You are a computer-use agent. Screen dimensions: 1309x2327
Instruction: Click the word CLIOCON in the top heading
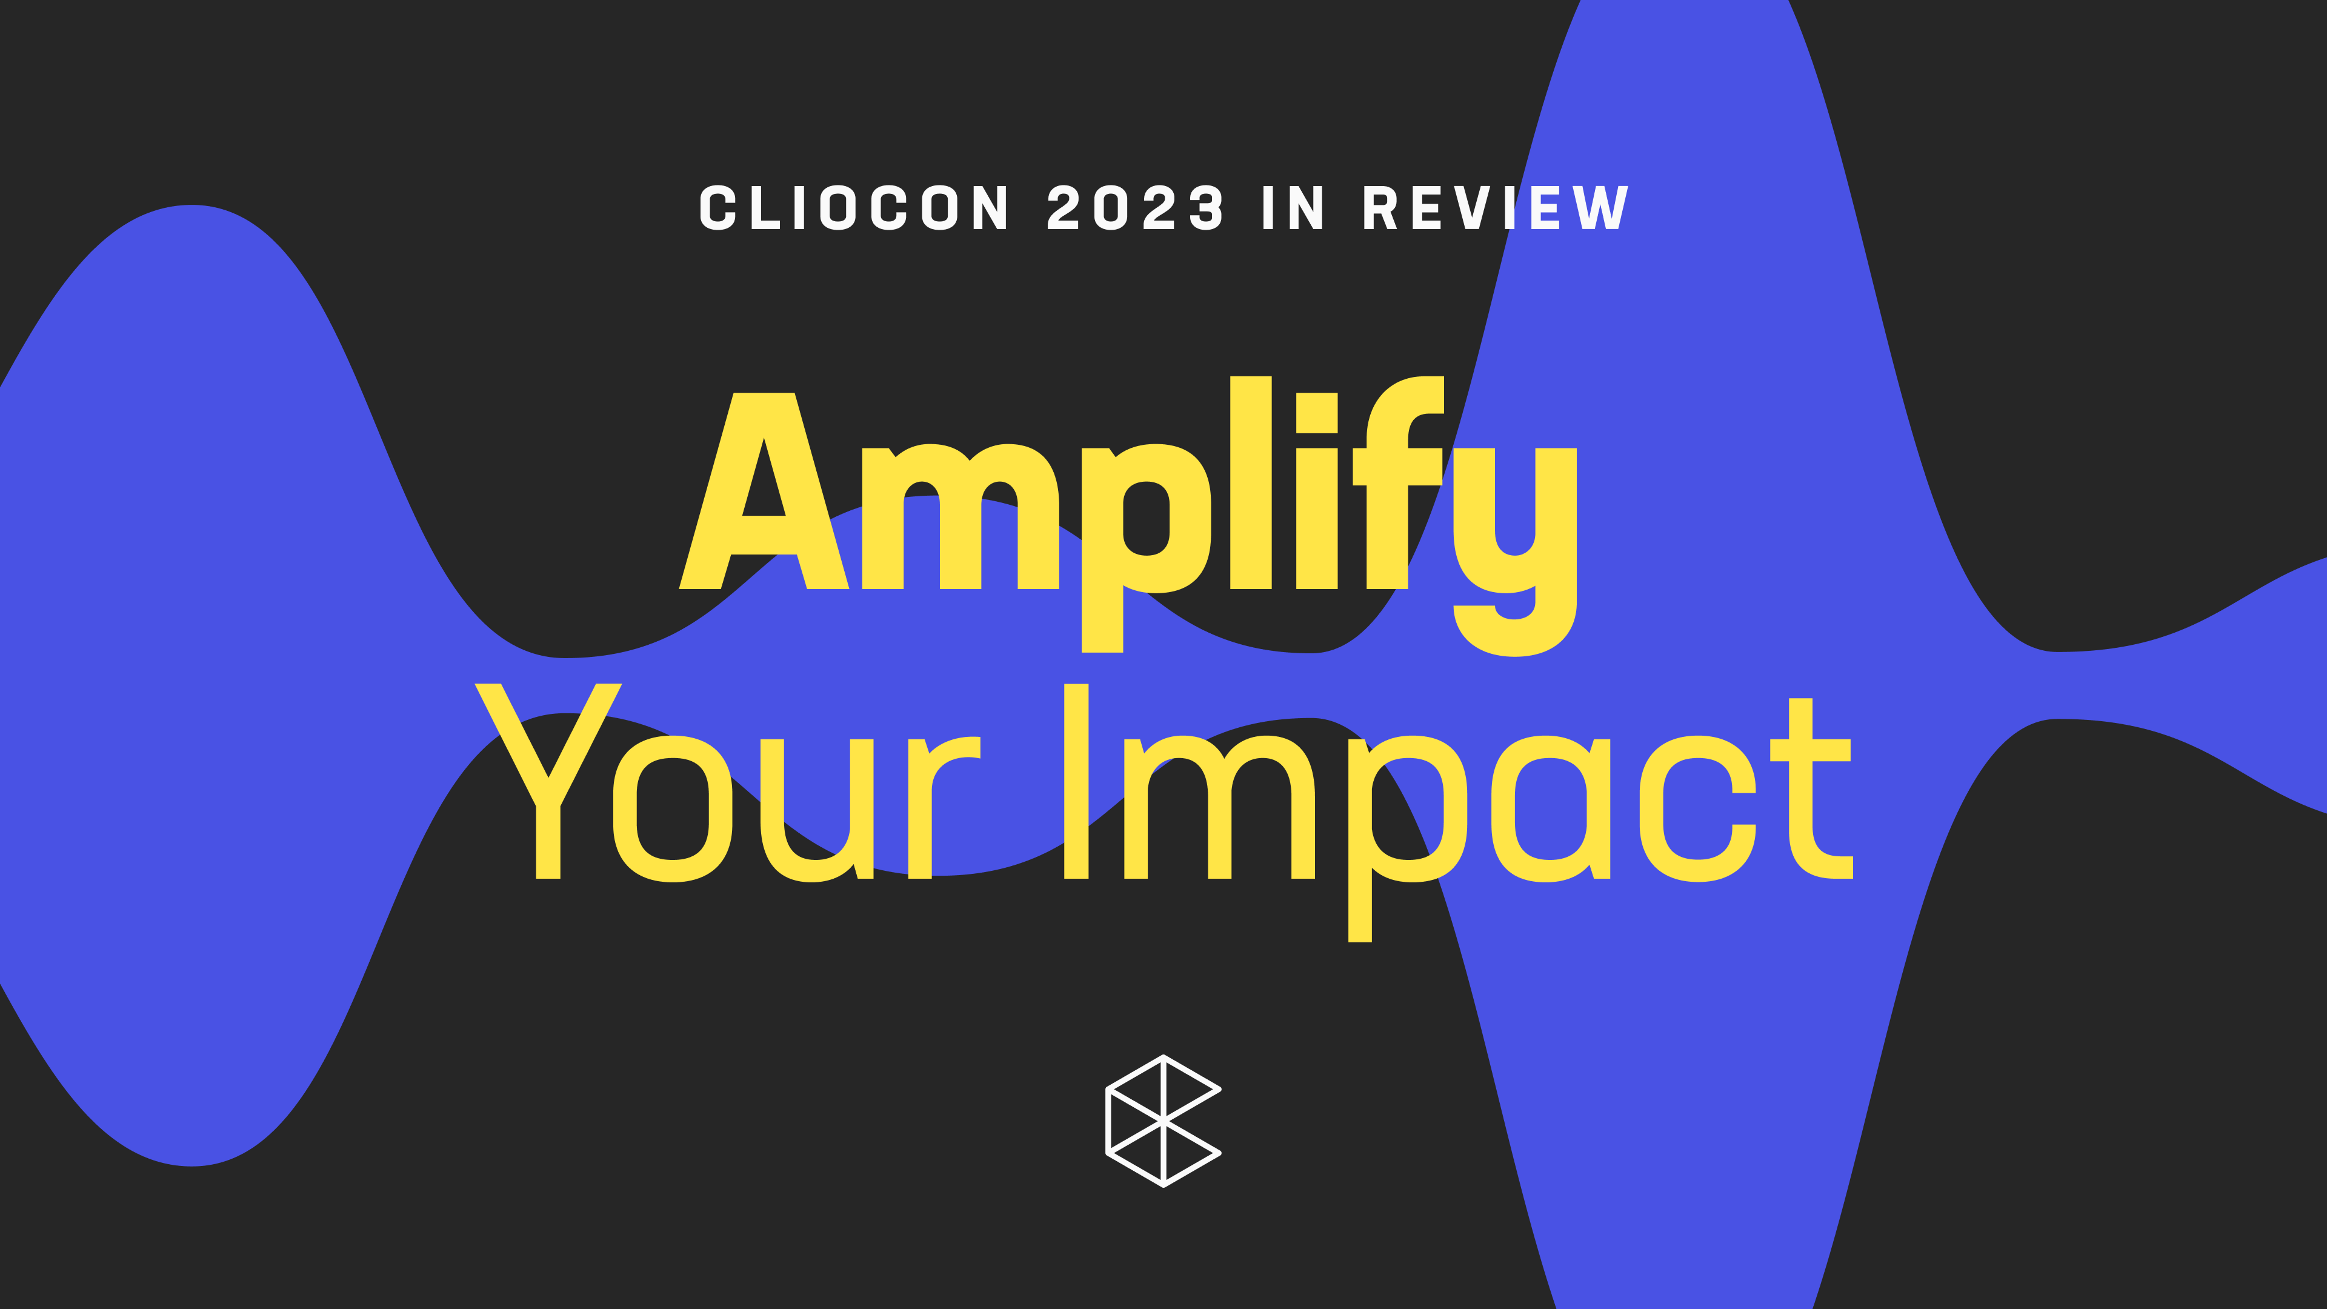(854, 208)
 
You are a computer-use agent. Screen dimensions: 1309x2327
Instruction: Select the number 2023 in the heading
(1136, 208)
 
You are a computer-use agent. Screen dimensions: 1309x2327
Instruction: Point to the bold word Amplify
(1127, 506)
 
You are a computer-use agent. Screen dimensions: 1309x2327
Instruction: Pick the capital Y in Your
(548, 781)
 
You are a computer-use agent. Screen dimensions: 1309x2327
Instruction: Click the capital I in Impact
(1076, 781)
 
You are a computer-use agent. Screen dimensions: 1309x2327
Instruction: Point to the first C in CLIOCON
(718, 208)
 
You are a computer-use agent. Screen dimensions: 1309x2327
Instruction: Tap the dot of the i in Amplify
(1316, 413)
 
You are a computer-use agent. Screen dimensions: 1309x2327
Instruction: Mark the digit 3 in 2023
(1206, 208)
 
